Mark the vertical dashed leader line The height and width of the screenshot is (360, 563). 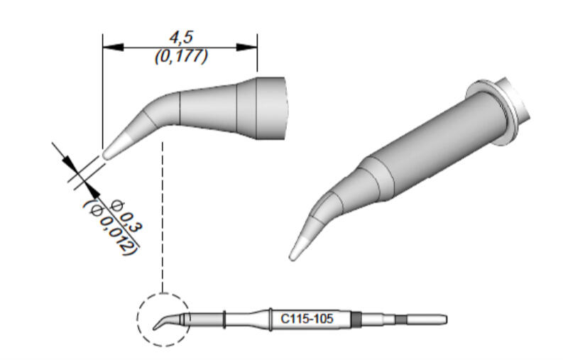click(164, 213)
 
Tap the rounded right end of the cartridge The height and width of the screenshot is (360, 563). click(444, 320)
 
